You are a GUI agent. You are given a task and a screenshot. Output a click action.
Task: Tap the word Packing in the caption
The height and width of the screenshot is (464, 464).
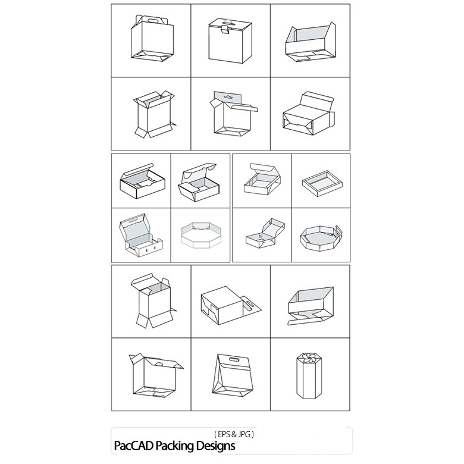[x=174, y=446]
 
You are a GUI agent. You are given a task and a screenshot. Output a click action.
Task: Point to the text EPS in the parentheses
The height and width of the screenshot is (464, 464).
[x=224, y=434]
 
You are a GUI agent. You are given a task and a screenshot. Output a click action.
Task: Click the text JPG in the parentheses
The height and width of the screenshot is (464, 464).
[x=244, y=434]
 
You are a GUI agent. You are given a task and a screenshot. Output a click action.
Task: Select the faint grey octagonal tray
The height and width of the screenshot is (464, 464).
[x=201, y=234]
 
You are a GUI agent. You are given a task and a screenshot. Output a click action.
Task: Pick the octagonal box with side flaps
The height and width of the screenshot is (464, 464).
[x=321, y=237]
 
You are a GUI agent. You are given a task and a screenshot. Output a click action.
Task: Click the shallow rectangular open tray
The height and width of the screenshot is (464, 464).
[x=322, y=183]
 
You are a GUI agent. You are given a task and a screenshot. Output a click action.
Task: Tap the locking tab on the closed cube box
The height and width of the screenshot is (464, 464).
[x=225, y=29]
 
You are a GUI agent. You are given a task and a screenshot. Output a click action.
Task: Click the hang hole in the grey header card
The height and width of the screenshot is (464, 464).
[x=228, y=96]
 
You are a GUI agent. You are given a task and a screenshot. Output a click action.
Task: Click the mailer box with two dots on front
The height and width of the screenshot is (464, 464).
[x=141, y=235]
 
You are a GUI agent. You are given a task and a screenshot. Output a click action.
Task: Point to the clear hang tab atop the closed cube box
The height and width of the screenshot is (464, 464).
[x=230, y=21]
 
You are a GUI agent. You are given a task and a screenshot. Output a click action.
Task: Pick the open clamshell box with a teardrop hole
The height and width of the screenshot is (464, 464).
[x=265, y=233]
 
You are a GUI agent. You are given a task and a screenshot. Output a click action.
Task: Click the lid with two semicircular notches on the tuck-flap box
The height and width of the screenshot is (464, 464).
[x=199, y=171]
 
